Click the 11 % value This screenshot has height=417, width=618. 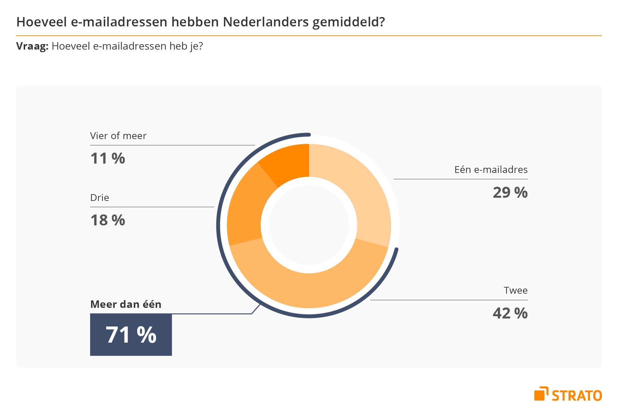(108, 158)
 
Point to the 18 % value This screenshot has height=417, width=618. (108, 220)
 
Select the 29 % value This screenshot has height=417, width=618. (510, 193)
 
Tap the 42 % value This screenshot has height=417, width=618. (510, 313)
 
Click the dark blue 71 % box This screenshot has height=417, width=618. (131, 335)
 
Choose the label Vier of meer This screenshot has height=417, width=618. (118, 136)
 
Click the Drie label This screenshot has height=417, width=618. (99, 198)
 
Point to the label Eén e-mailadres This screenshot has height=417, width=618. (491, 170)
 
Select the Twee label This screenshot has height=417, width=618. (516, 290)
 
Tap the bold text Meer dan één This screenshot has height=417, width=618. (126, 304)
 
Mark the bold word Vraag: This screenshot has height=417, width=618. (32, 46)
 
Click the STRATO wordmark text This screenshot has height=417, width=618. (577, 396)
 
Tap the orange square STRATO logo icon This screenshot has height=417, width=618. (541, 394)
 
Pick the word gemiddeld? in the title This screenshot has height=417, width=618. (349, 22)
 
